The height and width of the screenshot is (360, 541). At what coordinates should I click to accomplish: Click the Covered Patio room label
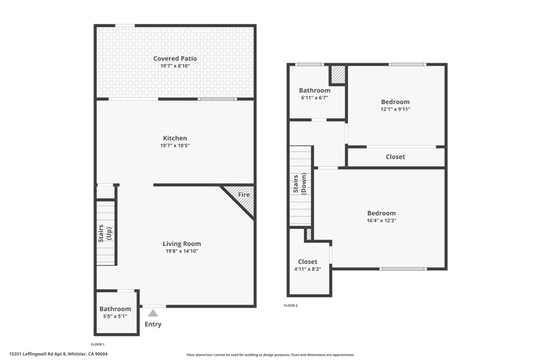[175, 59]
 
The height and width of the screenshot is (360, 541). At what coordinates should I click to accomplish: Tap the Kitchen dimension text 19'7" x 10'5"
[175, 146]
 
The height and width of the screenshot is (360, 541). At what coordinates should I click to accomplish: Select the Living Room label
[181, 244]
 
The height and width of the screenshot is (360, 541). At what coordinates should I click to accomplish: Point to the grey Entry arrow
[153, 313]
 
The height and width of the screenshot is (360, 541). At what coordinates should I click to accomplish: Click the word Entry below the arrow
[153, 324]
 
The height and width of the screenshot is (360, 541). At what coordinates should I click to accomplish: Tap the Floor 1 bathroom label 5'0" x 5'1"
[115, 317]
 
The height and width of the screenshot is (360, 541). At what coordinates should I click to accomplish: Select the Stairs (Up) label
[105, 234]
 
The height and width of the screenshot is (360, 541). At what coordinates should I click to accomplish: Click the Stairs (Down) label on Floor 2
[300, 184]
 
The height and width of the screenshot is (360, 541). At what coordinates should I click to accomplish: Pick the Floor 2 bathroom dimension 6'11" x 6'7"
[314, 98]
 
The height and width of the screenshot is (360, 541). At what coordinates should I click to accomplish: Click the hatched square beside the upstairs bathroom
[338, 74]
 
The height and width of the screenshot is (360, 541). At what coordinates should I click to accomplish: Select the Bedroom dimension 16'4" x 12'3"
[381, 221]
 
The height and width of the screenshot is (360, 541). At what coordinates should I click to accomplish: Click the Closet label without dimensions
[395, 157]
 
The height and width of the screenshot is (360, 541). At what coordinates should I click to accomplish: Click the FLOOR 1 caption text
[98, 344]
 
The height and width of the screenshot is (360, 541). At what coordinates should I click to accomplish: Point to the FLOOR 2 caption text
[291, 306]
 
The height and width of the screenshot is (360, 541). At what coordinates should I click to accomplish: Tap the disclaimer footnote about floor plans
[270, 355]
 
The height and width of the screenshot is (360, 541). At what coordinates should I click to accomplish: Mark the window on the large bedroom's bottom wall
[403, 269]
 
